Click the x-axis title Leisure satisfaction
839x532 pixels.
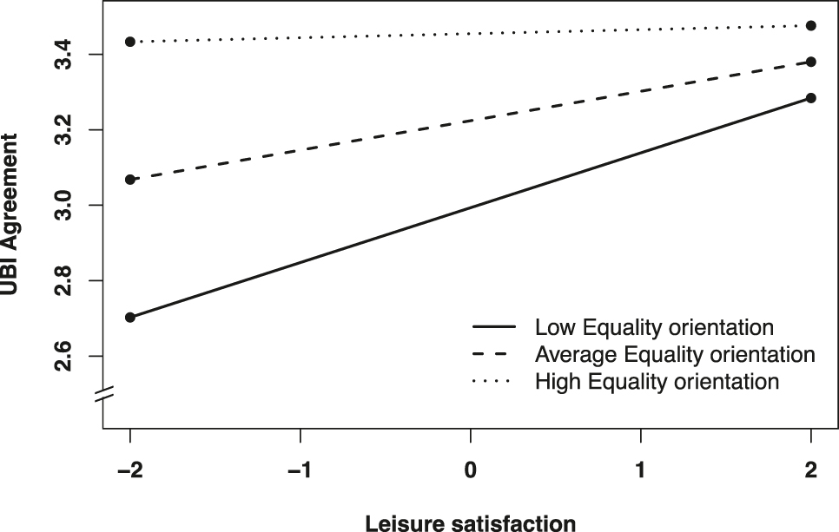click(470, 522)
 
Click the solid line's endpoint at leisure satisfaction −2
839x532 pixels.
click(130, 317)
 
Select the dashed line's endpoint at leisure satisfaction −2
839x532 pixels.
click(130, 180)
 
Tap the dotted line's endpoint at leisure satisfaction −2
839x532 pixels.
click(130, 42)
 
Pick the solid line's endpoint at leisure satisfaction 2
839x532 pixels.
click(811, 98)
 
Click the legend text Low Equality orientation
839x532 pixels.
click(654, 328)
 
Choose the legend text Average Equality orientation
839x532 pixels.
click(675, 354)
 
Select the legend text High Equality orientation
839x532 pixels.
click(657, 381)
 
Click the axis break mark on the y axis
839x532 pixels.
click(103, 394)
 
